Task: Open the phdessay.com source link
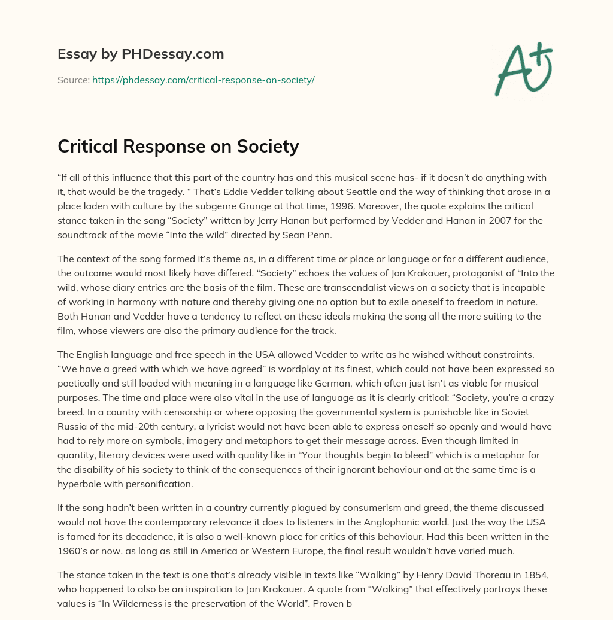point(203,80)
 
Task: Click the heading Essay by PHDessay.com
point(141,54)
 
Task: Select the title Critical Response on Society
point(178,146)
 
